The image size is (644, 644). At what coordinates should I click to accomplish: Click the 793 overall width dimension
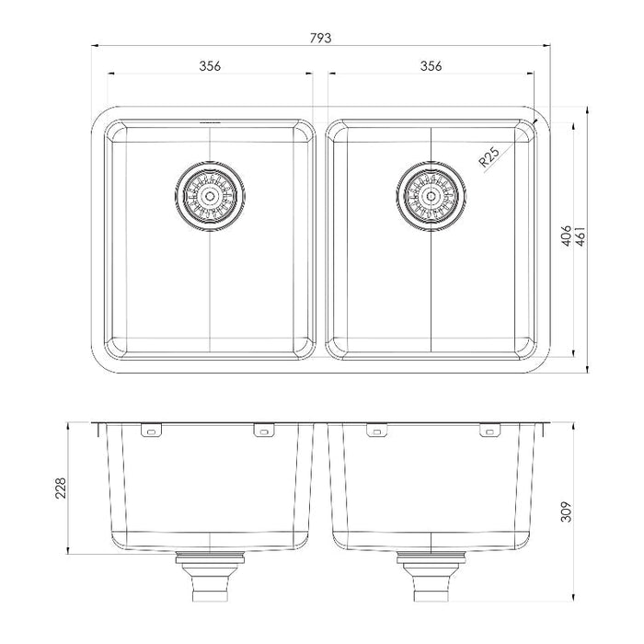[320, 39]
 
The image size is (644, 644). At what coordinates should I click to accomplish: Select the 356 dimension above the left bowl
[210, 65]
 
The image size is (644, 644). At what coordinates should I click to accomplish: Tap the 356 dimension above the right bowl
[431, 65]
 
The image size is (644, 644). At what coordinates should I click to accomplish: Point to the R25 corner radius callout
[489, 156]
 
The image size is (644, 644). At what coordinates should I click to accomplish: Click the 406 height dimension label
[567, 236]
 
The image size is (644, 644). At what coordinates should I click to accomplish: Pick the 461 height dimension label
[581, 236]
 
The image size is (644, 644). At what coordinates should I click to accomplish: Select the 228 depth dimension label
[61, 488]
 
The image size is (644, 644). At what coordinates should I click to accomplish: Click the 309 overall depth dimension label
[566, 512]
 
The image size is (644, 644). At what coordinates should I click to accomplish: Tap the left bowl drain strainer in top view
[210, 196]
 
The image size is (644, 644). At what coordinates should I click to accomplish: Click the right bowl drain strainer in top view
[431, 196]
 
